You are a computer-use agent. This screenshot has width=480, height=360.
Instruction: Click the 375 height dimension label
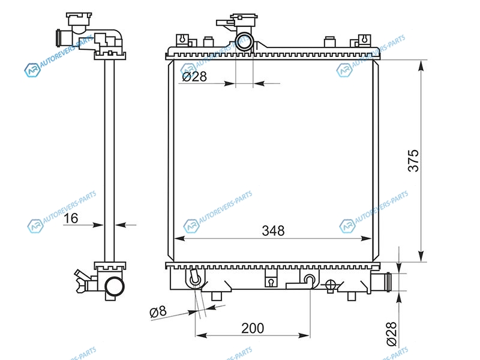413,161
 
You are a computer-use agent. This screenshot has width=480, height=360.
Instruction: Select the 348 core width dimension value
273,231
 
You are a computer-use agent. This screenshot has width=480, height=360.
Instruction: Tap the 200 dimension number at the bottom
253,328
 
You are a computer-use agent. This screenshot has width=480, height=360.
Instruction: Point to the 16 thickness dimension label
71,218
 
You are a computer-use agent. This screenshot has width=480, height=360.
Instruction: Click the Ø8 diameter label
158,312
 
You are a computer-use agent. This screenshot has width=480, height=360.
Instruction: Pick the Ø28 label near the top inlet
194,77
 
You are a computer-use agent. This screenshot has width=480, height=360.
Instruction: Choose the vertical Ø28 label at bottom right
392,334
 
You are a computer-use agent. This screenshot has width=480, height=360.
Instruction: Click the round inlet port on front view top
244,42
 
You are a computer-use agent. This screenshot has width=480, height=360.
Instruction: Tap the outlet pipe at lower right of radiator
380,282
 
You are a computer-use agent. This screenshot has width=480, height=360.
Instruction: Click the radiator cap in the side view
79,19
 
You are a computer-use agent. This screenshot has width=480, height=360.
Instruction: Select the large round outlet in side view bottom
115,287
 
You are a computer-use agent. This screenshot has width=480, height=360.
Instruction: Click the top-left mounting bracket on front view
182,40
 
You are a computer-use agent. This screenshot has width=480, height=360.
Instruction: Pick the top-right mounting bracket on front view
364,40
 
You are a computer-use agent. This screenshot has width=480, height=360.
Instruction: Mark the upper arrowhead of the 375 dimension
422,66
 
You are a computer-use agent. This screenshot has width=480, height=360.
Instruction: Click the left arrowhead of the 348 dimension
179,238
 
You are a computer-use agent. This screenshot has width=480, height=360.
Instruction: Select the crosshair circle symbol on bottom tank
330,285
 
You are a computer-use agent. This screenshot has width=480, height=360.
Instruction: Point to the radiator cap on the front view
244,19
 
